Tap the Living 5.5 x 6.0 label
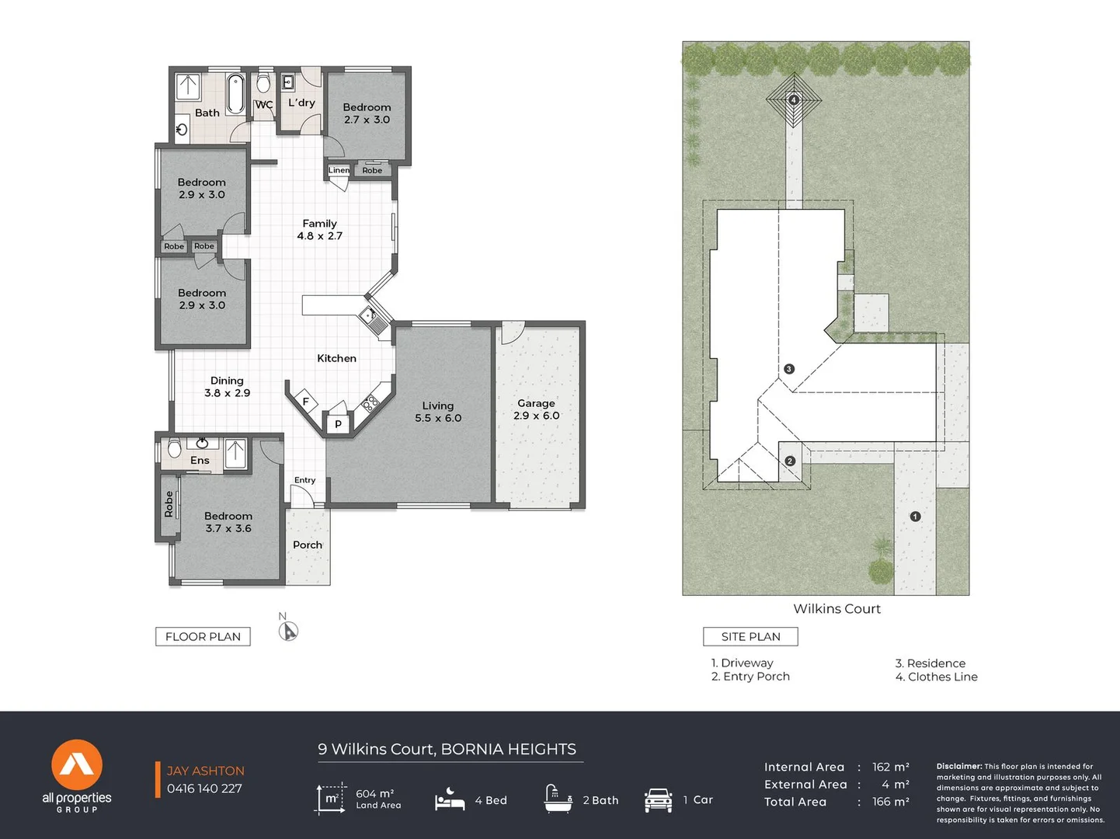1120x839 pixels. tap(438, 412)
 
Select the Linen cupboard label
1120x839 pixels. tap(339, 170)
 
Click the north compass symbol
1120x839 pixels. tap(288, 631)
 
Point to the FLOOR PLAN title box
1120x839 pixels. tap(203, 636)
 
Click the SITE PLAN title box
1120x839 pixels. tap(750, 636)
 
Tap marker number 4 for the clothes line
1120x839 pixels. tap(794, 99)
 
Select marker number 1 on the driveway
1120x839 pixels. tap(915, 517)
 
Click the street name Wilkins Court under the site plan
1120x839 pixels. tap(837, 609)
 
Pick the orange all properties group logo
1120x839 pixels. tap(77, 765)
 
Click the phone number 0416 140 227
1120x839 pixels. tap(204, 789)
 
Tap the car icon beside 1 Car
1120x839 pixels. tap(658, 799)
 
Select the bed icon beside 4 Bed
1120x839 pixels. tap(450, 799)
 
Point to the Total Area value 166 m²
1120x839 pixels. tap(890, 802)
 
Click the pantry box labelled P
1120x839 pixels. tap(338, 424)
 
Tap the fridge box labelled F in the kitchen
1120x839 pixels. tap(305, 402)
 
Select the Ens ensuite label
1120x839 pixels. tap(200, 460)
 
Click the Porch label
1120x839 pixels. tap(308, 545)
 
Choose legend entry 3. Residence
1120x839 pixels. tap(930, 663)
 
